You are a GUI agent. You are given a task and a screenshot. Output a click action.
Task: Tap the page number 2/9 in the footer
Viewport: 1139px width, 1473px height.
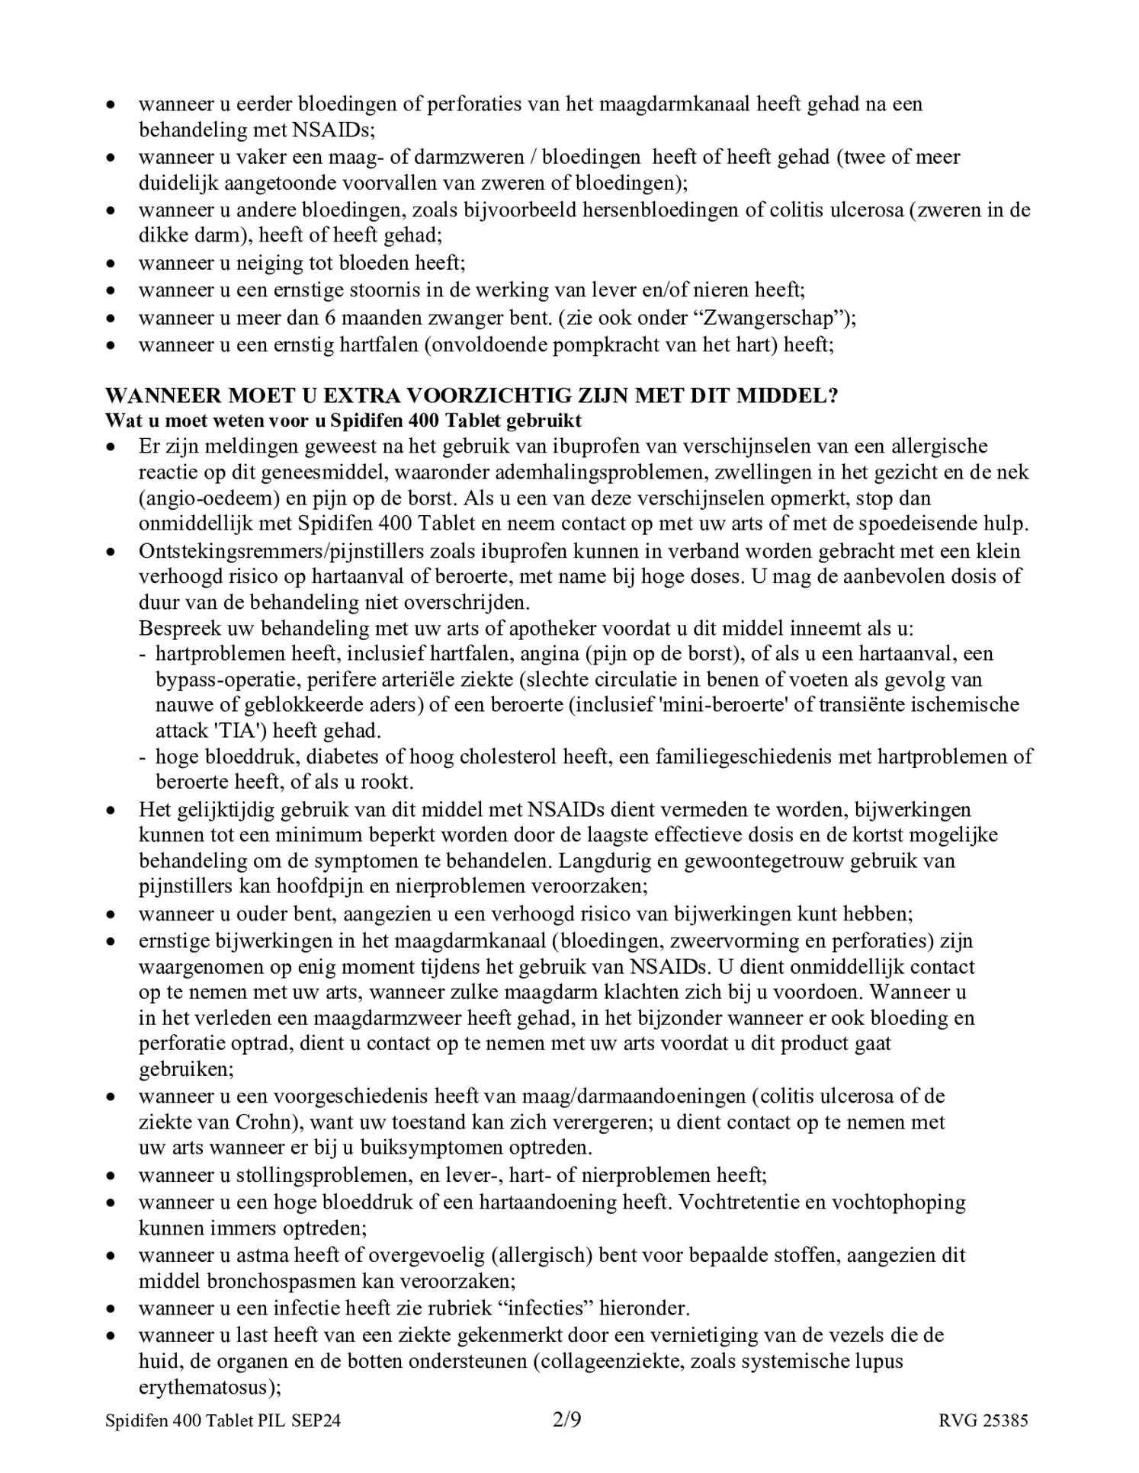566,1420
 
